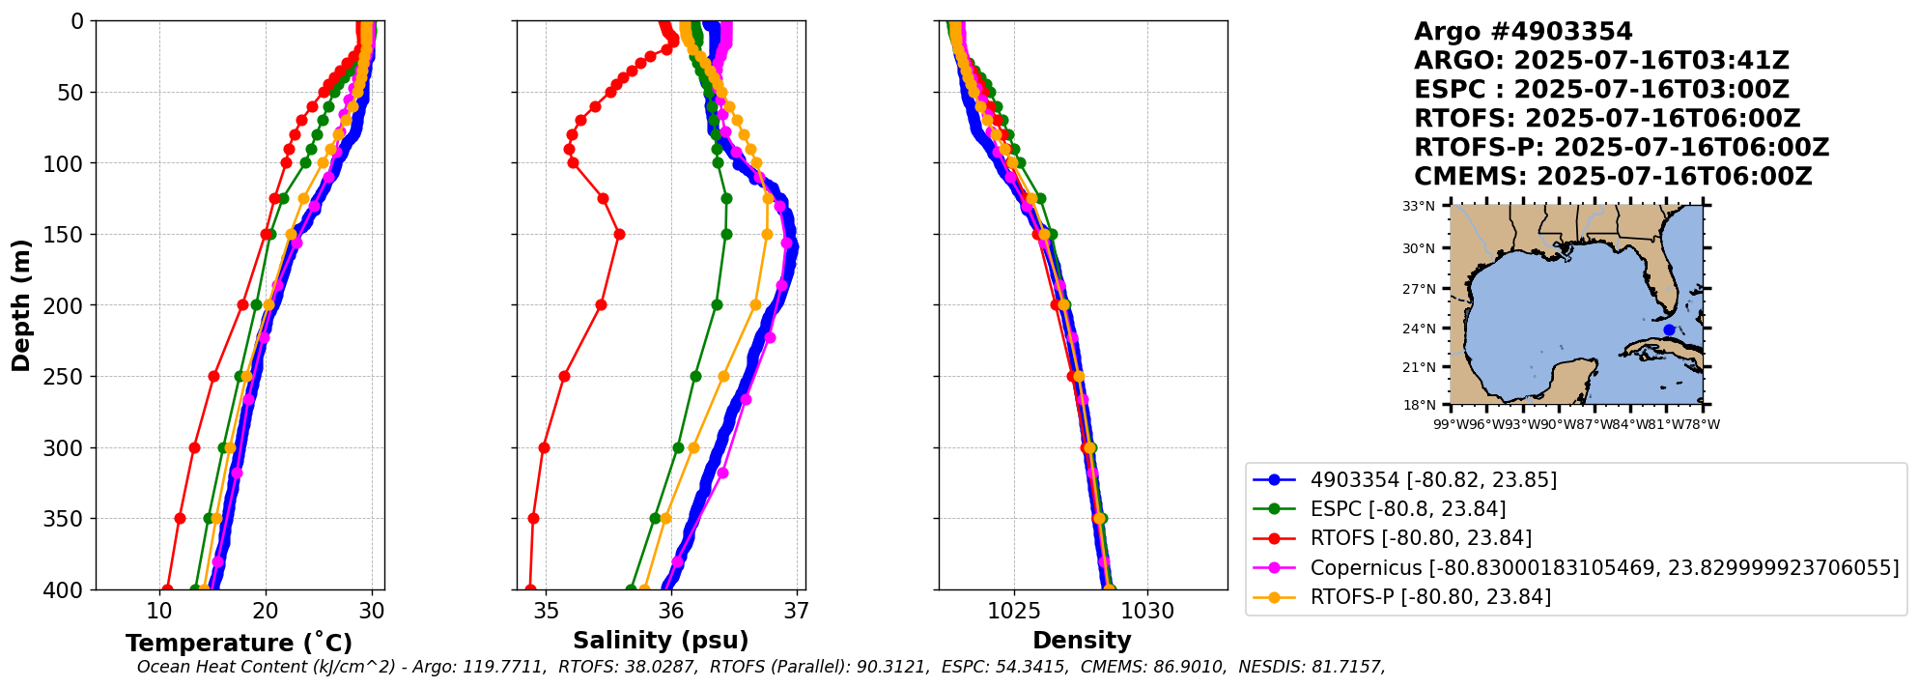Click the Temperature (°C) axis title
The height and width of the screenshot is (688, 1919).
pyautogui.click(x=239, y=644)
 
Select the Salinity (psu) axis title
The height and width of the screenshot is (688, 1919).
pyautogui.click(x=661, y=641)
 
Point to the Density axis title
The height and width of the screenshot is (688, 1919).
pyautogui.click(x=1082, y=641)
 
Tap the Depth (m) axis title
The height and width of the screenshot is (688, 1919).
pyautogui.click(x=20, y=305)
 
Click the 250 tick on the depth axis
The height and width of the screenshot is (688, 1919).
pyautogui.click(x=66, y=377)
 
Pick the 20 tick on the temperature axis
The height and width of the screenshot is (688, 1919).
pyautogui.click(x=266, y=612)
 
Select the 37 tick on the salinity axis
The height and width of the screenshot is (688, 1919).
pyautogui.click(x=797, y=612)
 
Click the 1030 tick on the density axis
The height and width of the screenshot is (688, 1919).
pyautogui.click(x=1147, y=612)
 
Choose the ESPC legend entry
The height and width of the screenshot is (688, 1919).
pyautogui.click(x=1407, y=509)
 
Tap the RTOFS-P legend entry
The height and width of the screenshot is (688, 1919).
pyautogui.click(x=1429, y=597)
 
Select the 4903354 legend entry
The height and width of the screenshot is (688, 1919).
pyautogui.click(x=1432, y=480)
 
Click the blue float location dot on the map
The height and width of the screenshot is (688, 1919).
pyautogui.click(x=1669, y=330)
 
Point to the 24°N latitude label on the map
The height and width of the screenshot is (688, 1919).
pyautogui.click(x=1419, y=329)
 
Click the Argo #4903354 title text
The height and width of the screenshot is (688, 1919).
pyautogui.click(x=1523, y=32)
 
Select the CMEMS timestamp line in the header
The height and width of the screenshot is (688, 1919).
pyautogui.click(x=1613, y=177)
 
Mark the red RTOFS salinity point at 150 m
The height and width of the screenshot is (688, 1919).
pyautogui.click(x=619, y=234)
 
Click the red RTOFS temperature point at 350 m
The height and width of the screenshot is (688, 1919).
pyautogui.click(x=180, y=519)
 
